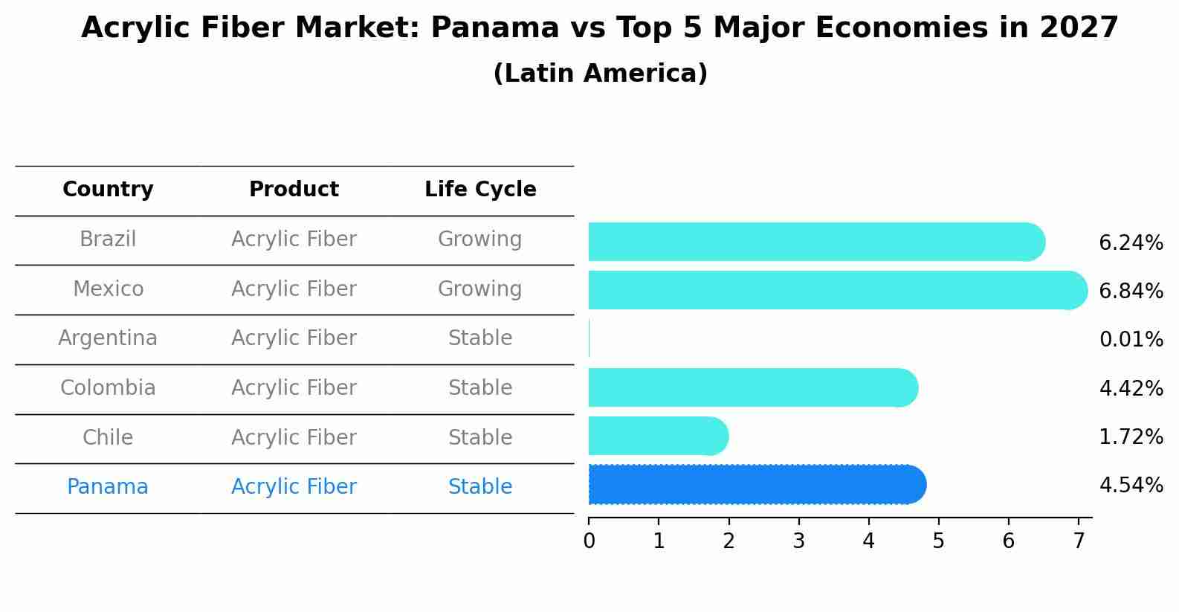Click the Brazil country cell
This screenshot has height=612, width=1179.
[x=108, y=239]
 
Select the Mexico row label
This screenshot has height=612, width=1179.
[x=108, y=289]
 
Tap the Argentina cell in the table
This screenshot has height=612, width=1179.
[x=108, y=338]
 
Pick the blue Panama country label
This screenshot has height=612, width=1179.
[x=108, y=487]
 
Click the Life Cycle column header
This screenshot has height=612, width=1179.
[x=480, y=190]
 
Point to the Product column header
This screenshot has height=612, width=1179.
[x=294, y=190]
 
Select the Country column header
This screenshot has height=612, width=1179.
[x=108, y=190]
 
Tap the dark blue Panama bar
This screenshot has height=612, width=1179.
[x=755, y=485]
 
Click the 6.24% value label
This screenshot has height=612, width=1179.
[x=1131, y=243]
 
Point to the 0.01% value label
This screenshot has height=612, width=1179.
[x=1131, y=340]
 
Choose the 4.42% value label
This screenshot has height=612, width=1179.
[x=1131, y=388]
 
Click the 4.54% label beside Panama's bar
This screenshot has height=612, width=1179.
[x=1131, y=486]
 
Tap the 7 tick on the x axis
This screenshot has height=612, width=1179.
[x=1078, y=541]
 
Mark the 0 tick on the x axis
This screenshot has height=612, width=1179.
[x=589, y=541]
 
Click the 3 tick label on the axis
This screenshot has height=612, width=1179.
[x=798, y=541]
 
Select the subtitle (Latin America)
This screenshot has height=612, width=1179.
[x=600, y=74]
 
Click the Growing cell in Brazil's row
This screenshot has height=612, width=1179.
[x=480, y=239]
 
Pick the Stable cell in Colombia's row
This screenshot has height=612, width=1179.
[x=480, y=388]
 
